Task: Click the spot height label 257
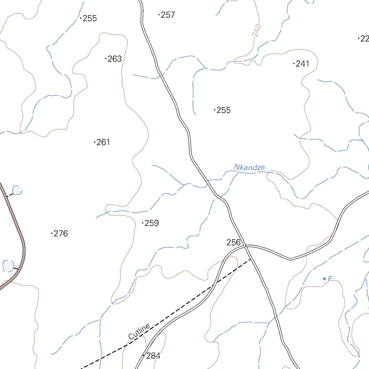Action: click(168, 15)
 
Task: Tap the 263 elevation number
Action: click(115, 59)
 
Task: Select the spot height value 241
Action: click(303, 64)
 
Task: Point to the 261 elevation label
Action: click(103, 142)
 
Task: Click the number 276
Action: click(61, 234)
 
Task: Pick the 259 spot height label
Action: click(152, 223)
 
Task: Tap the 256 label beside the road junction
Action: click(234, 243)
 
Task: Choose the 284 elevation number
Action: click(153, 356)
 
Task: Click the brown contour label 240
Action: click(257, 31)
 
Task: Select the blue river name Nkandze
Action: click(249, 167)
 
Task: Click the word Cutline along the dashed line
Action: click(139, 332)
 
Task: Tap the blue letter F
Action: click(330, 278)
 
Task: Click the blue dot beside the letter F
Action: click(324, 279)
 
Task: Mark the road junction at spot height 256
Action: click(245, 246)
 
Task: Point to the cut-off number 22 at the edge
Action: click(364, 39)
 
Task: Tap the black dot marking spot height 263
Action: click(106, 58)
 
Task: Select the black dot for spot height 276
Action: click(52, 234)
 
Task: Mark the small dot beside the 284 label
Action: click(144, 356)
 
